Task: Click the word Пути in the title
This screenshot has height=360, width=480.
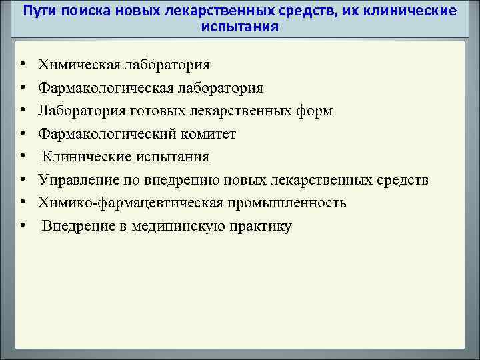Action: point(38,11)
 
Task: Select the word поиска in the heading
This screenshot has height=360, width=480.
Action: point(78,11)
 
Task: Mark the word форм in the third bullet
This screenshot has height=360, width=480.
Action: point(313,111)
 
